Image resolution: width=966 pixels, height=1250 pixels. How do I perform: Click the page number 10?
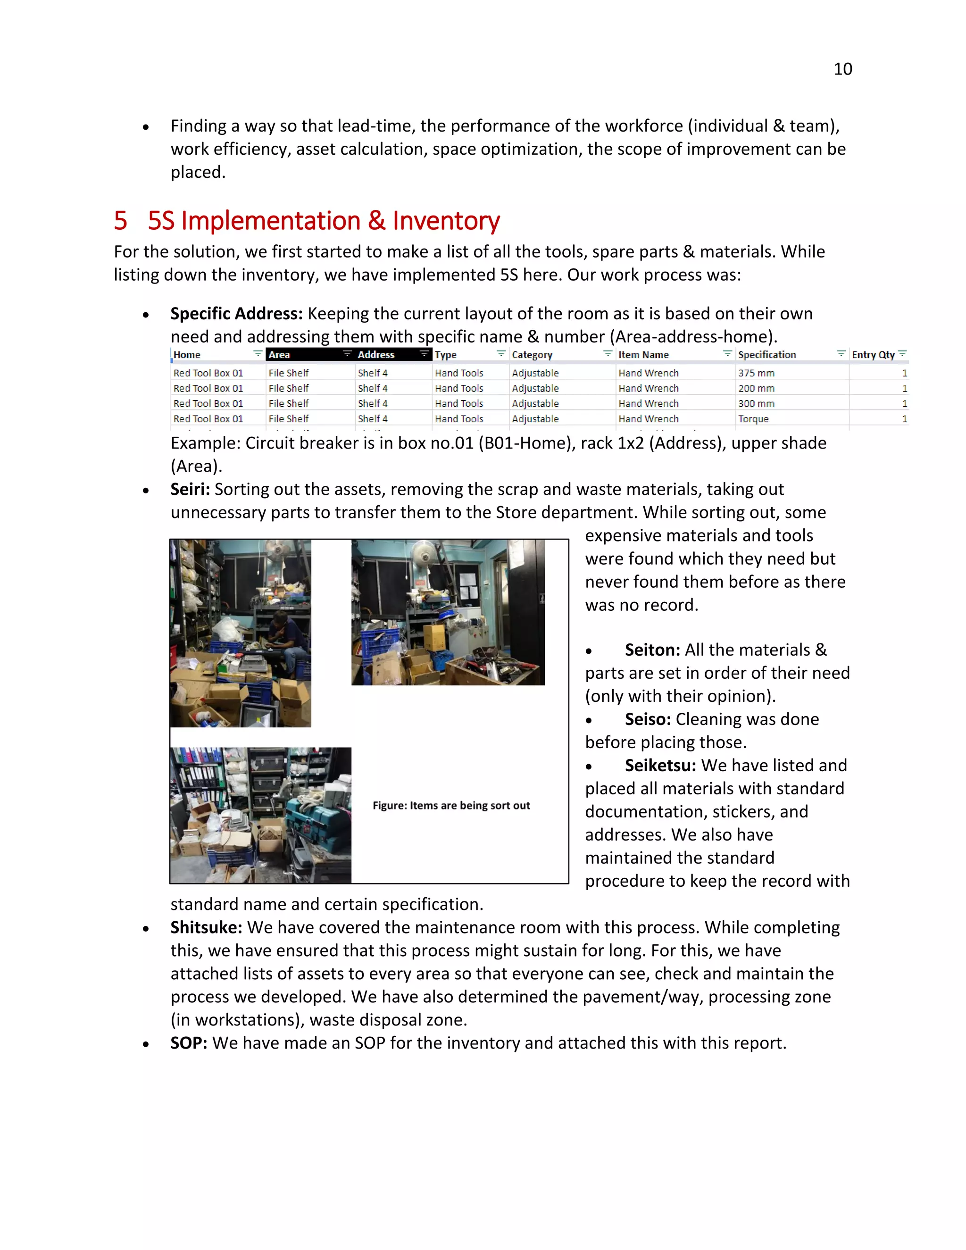[x=842, y=69]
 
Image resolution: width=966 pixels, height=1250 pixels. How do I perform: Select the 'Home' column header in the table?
[x=187, y=355]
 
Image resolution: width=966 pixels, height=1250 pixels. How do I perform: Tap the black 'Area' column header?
[x=279, y=355]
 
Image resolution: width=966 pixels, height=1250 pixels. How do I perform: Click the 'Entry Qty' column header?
[x=873, y=355]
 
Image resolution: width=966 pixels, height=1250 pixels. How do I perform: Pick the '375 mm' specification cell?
[x=756, y=373]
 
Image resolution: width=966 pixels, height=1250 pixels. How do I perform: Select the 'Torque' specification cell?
[x=753, y=419]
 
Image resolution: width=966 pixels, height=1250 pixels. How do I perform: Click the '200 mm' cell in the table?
[x=756, y=389]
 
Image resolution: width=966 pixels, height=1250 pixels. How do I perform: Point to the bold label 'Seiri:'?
[x=190, y=489]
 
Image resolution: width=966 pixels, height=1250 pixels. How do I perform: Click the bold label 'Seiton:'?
[x=652, y=650]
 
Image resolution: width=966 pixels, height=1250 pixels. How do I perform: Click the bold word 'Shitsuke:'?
[x=207, y=928]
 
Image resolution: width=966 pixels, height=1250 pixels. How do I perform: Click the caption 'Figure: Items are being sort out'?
[x=451, y=806]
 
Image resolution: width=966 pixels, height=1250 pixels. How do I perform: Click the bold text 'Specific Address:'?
[x=236, y=314]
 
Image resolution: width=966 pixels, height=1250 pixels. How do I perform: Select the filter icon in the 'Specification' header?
[x=841, y=354]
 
